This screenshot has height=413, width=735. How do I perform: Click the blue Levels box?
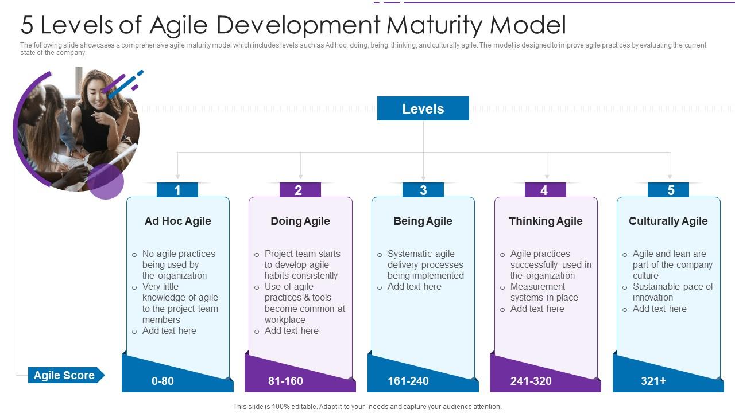click(x=423, y=108)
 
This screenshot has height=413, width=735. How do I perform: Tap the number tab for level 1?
click(x=177, y=190)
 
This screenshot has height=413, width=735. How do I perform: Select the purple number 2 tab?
click(x=300, y=190)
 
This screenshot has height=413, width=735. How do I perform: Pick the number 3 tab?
click(x=423, y=190)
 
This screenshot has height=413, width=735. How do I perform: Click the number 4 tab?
click(x=546, y=190)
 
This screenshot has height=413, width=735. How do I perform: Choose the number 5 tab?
click(x=668, y=190)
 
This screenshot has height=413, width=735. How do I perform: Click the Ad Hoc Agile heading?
click(x=178, y=221)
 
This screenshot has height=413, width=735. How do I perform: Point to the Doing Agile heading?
click(x=300, y=221)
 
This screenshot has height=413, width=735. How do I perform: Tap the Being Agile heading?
click(x=423, y=221)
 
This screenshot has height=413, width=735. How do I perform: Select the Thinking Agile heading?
click(x=546, y=221)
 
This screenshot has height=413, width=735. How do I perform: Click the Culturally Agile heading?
click(x=668, y=221)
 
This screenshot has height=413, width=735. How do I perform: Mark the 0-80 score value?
click(x=163, y=381)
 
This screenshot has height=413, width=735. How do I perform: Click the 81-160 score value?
click(x=285, y=381)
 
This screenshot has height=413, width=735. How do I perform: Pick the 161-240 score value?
click(x=408, y=381)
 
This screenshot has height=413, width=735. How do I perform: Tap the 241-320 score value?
click(x=531, y=381)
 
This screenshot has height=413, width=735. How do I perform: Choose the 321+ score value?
click(x=653, y=381)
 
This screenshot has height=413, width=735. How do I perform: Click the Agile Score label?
click(x=64, y=375)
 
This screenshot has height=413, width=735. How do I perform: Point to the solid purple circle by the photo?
click(x=105, y=181)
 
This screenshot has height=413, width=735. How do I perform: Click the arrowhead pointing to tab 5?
click(x=670, y=177)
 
